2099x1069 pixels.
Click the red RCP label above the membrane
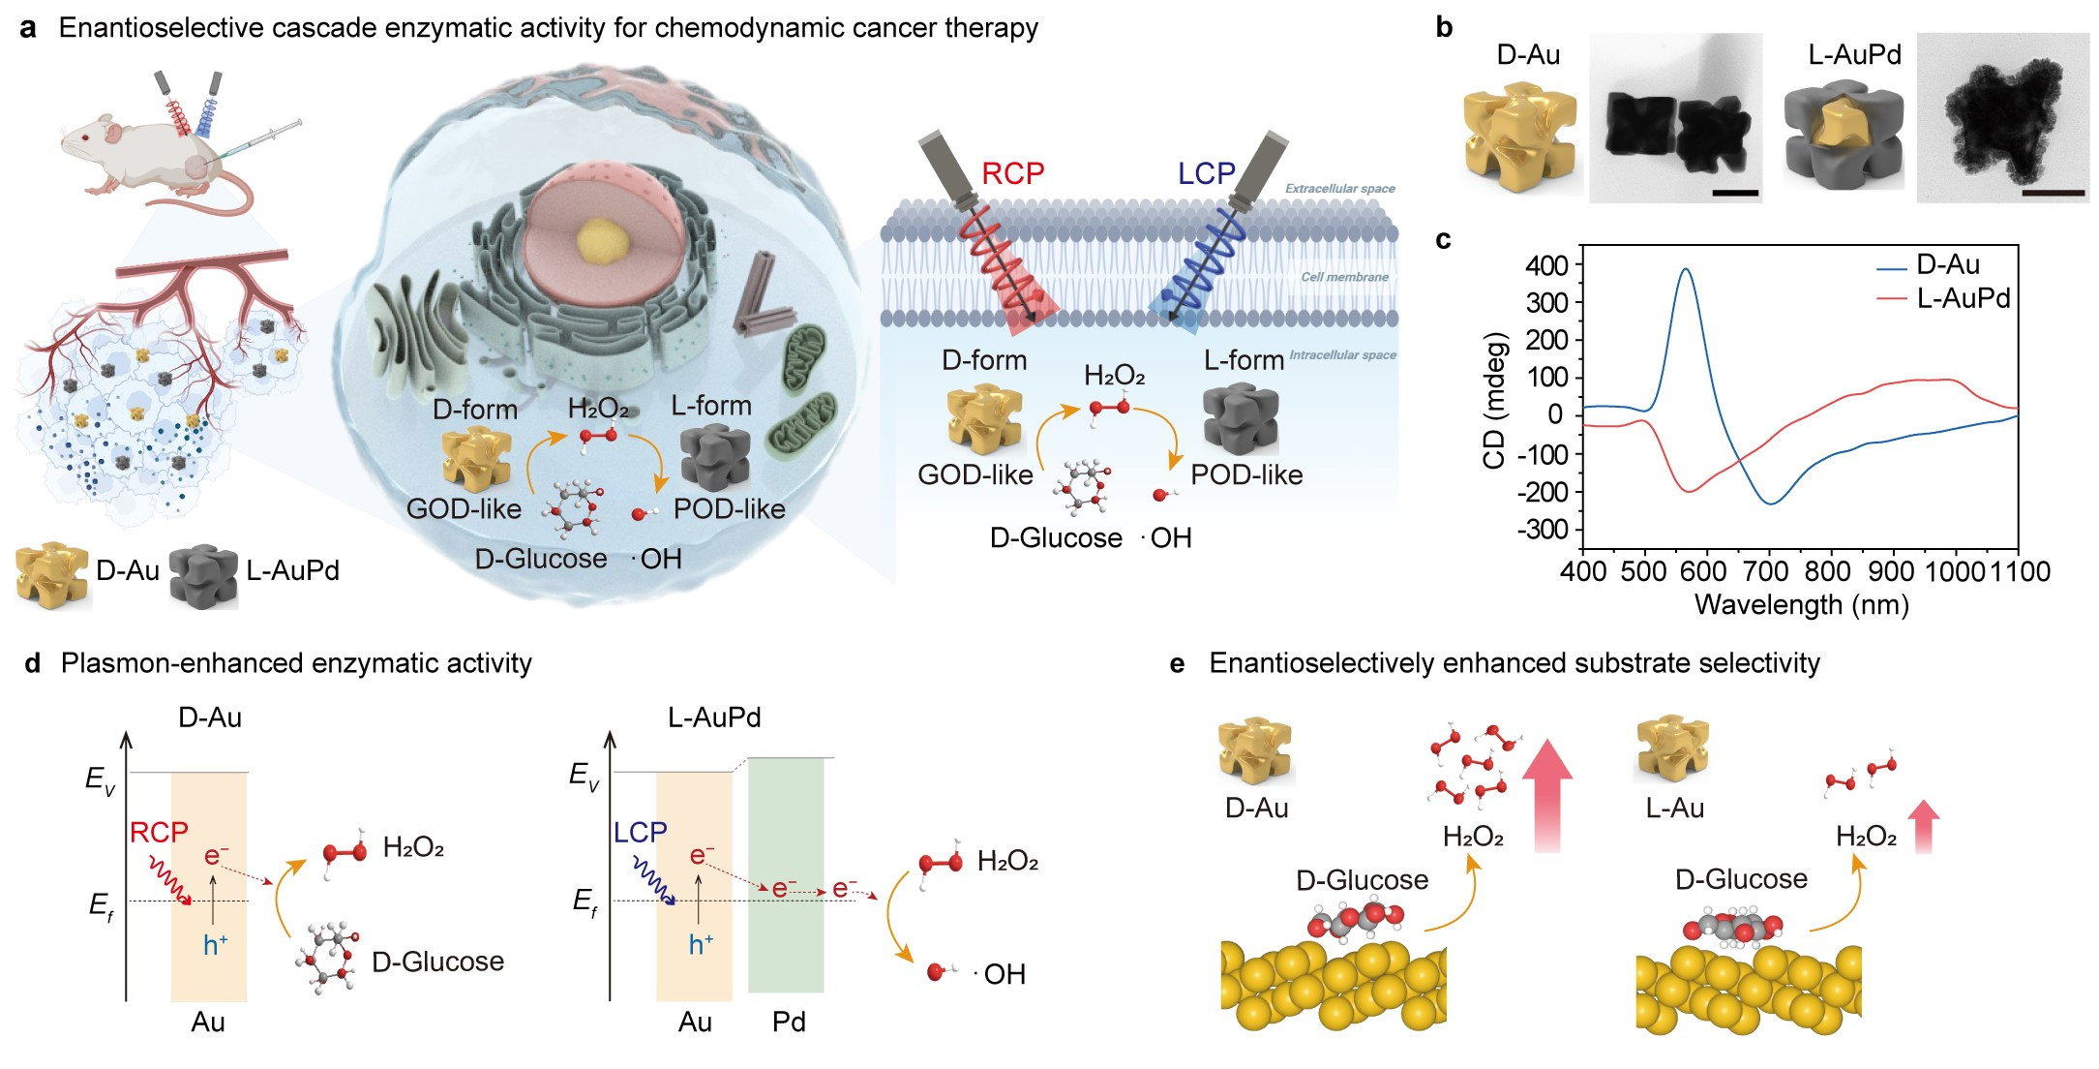tap(1012, 173)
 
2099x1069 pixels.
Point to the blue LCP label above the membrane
tap(1206, 173)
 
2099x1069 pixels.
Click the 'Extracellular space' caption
tap(1339, 189)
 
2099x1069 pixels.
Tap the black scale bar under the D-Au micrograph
tap(1734, 193)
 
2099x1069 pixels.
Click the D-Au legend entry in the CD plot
tap(1947, 264)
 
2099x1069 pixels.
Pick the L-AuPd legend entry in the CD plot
tap(1963, 298)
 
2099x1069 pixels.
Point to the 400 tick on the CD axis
tap(1546, 265)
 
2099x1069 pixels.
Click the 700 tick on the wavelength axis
tap(1769, 571)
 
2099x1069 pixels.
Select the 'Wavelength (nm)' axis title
tap(1801, 605)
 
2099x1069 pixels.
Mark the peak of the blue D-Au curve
tap(1686, 270)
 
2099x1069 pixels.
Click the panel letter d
tap(32, 663)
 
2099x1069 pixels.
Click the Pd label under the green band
tap(789, 1022)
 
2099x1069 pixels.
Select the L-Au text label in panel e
tap(1674, 808)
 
